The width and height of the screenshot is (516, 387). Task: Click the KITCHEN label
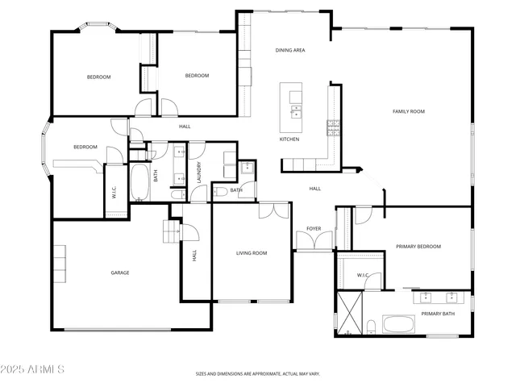pos(289,139)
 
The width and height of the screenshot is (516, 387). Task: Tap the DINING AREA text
pos(290,50)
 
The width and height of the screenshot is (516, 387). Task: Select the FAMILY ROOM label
pos(409,111)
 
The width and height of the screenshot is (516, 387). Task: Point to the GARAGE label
pos(120,273)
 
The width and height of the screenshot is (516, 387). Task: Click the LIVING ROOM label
pos(252,253)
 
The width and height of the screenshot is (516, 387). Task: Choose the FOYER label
pos(314,229)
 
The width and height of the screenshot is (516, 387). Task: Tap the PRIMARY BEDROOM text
pos(418,246)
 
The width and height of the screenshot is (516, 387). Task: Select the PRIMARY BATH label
pos(439,313)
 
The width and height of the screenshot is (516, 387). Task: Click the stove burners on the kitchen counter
pos(331,127)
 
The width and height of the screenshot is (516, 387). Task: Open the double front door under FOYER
pos(314,241)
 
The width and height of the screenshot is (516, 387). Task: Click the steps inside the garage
pos(171,232)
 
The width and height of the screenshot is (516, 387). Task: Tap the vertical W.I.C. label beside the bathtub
pos(114,192)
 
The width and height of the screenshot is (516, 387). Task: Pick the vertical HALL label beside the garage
pos(194,255)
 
